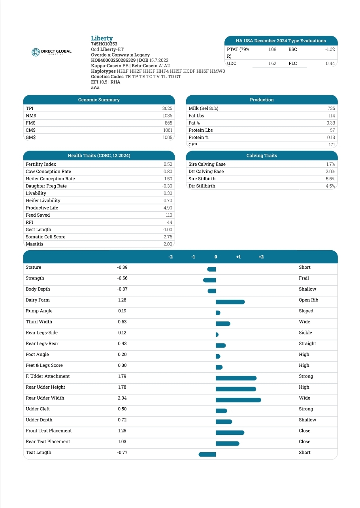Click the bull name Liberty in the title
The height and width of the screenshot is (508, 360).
pos(102,38)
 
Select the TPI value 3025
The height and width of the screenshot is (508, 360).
pos(167,108)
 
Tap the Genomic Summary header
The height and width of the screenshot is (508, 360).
pos(99,100)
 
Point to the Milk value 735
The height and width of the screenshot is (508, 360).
pos(331,108)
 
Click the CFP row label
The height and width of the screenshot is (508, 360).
pos(193,145)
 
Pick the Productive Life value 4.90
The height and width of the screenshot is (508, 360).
pos(168,208)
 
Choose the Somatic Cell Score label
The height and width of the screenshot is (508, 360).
pos(45,237)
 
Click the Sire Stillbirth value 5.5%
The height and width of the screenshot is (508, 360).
pos(330,179)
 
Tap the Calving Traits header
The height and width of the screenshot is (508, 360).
pos(262,155)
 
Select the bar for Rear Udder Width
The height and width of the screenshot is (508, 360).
pos(238,400)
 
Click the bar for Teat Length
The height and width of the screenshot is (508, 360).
pos(207,454)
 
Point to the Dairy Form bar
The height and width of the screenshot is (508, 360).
pos(230,302)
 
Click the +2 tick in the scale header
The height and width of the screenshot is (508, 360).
pos(261,257)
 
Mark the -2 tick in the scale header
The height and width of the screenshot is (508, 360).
pos(170,257)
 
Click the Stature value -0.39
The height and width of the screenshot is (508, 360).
pos(122,268)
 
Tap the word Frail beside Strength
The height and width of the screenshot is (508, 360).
pos(304,278)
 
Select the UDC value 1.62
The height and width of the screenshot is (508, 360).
pos(272,63)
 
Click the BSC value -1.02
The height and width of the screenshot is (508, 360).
pos(330,49)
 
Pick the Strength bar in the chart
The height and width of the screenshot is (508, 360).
pos(209,280)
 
